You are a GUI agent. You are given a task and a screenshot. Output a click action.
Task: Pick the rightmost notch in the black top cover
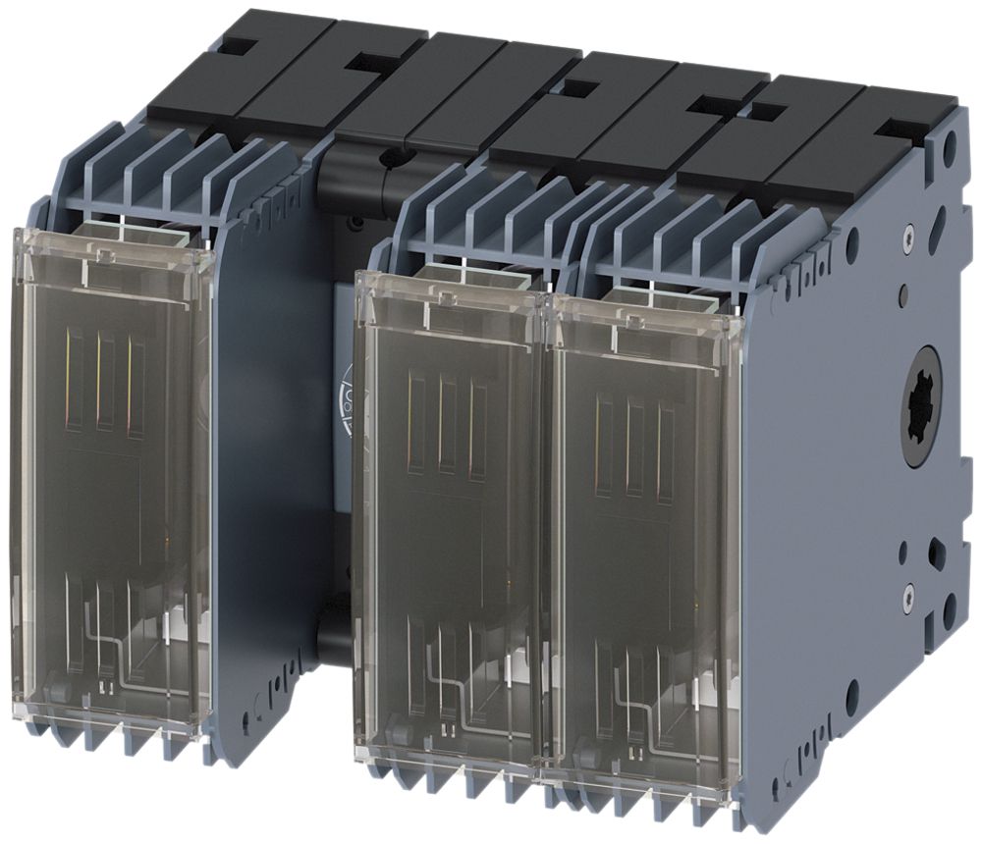[896, 127]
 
